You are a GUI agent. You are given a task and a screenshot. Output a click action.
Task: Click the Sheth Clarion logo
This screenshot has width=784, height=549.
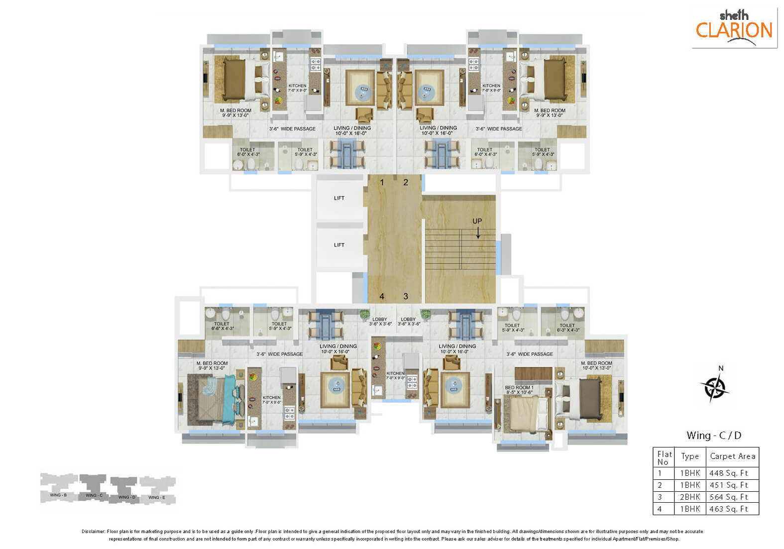(x=734, y=27)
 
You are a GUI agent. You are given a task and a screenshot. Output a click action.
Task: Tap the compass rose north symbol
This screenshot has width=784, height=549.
(x=715, y=386)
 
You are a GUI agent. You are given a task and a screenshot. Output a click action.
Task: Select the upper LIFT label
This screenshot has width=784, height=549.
(x=339, y=198)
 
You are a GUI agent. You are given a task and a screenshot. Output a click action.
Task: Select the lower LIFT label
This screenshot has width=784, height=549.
(x=339, y=245)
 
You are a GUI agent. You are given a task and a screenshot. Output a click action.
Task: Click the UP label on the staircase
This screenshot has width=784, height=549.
(x=477, y=221)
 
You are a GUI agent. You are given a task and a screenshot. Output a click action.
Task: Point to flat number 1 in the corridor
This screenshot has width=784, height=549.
(x=382, y=183)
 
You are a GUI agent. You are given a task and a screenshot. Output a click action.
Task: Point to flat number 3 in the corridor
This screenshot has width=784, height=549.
(x=406, y=297)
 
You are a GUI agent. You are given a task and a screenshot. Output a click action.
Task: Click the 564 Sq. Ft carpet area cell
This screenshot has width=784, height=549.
(x=729, y=497)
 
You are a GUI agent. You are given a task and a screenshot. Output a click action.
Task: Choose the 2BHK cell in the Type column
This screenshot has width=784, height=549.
(x=690, y=497)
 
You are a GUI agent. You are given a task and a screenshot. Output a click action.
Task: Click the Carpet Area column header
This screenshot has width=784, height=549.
(x=732, y=456)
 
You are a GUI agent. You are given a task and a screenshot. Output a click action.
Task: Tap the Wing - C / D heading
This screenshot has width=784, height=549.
(x=713, y=436)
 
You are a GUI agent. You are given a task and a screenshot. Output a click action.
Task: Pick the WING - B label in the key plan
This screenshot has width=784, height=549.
(x=58, y=495)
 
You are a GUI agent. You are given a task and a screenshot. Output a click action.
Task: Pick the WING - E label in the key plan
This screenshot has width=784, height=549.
(x=157, y=497)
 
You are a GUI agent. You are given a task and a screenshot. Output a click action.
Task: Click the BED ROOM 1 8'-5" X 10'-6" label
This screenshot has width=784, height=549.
(x=519, y=390)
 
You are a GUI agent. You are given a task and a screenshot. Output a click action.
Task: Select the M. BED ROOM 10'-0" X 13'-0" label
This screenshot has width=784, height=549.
(x=596, y=365)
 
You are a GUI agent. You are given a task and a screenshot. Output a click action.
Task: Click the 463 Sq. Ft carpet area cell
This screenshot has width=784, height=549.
(x=729, y=509)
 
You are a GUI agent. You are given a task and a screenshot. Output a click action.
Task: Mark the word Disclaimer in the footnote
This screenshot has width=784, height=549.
(x=93, y=532)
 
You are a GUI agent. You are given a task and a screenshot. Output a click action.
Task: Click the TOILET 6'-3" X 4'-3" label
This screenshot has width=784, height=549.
(x=567, y=328)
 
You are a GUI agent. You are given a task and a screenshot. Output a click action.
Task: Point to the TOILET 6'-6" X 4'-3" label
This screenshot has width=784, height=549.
(x=222, y=326)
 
